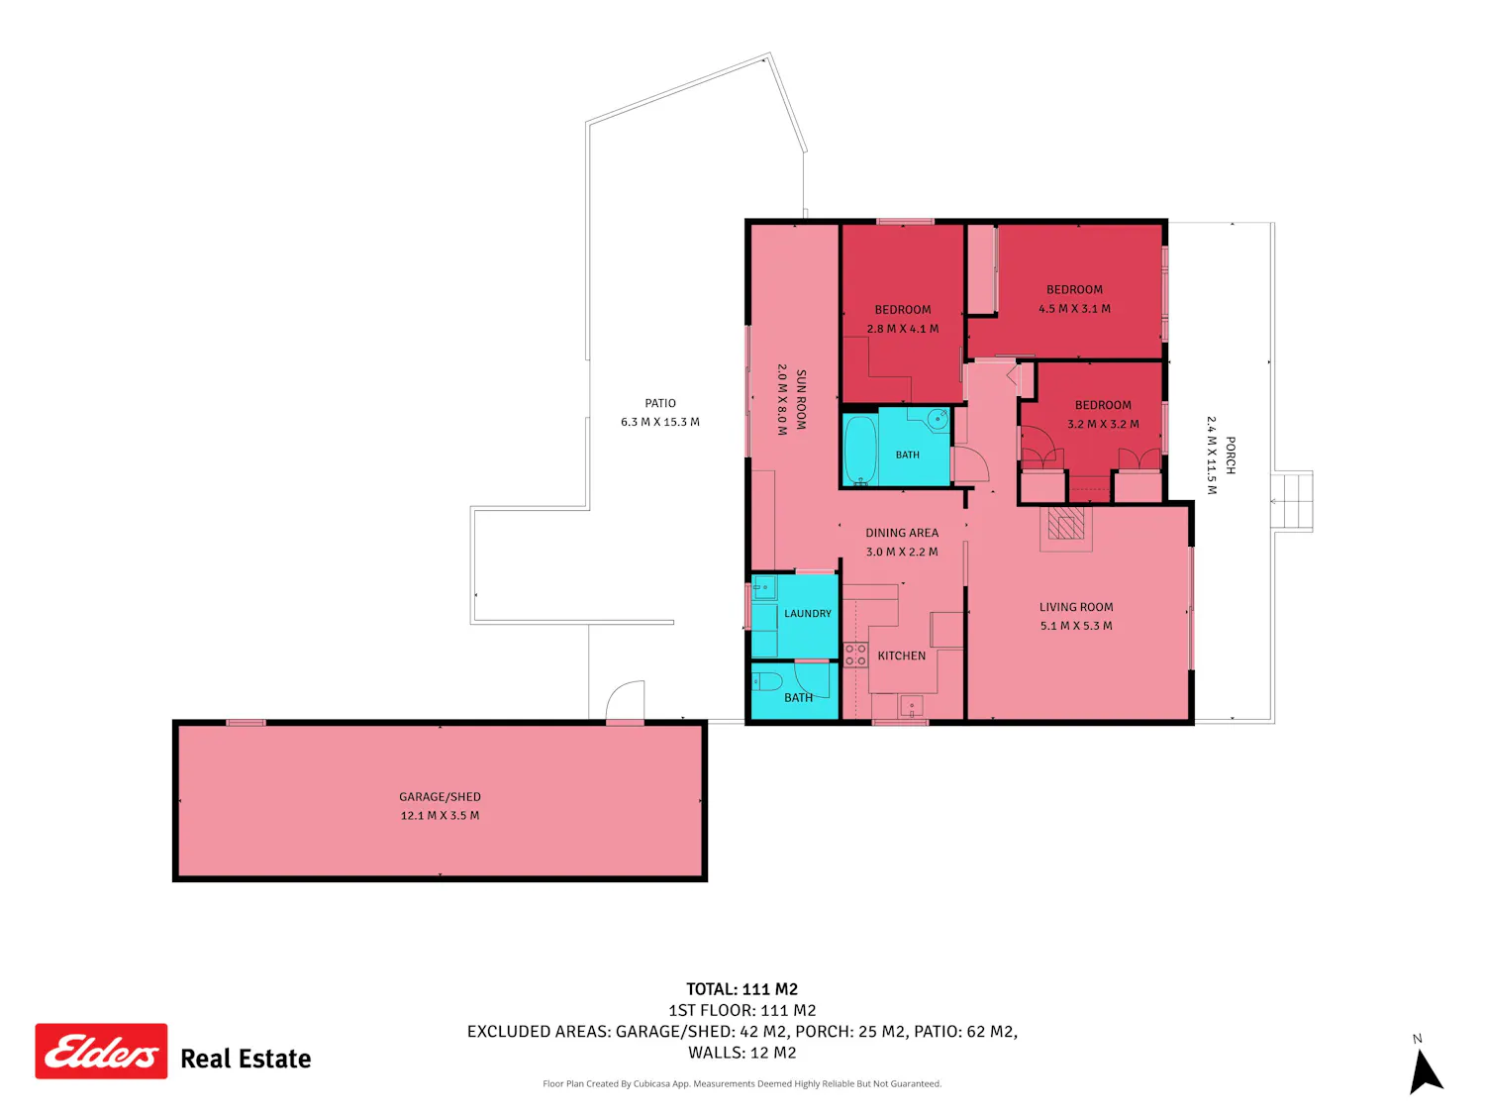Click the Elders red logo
click(101, 1051)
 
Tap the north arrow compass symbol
click(1427, 1070)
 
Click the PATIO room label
click(659, 403)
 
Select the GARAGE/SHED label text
click(440, 797)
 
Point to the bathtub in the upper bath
click(860, 450)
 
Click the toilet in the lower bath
click(767, 680)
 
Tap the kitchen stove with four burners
click(855, 655)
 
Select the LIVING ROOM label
click(1076, 607)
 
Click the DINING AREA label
click(902, 533)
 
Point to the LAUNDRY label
click(807, 614)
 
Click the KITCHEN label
click(901, 656)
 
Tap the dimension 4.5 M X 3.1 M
click(1074, 308)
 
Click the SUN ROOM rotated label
click(801, 399)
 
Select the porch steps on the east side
click(1291, 501)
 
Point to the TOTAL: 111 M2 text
click(742, 989)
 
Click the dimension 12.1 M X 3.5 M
click(440, 816)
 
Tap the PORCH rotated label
click(1230, 456)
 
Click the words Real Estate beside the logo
click(246, 1059)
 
